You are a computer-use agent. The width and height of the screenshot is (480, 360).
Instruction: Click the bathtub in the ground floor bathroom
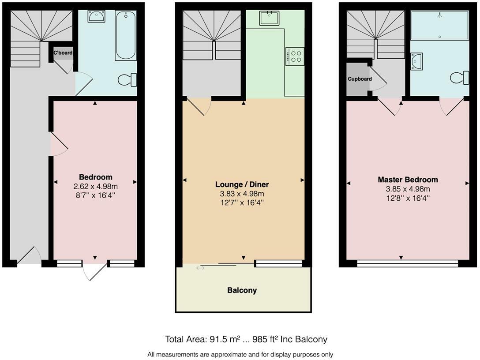pyautogui.click(x=126, y=35)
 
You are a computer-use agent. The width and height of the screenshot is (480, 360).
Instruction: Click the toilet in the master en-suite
pyautogui.click(x=460, y=78)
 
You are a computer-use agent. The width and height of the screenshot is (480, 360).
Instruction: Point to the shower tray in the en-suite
pyautogui.click(x=439, y=26)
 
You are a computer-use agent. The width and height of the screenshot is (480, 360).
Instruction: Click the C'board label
pyautogui.click(x=63, y=53)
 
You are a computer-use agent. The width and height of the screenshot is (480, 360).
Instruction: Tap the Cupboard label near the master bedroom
pyautogui.click(x=360, y=79)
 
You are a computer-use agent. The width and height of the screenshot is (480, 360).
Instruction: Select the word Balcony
pyautogui.click(x=242, y=290)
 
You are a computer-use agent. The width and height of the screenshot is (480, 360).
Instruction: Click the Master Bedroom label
pyautogui.click(x=408, y=180)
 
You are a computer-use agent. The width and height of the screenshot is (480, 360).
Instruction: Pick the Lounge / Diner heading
pyautogui.click(x=242, y=184)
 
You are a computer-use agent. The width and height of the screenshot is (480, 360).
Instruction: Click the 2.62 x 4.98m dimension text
pyautogui.click(x=96, y=186)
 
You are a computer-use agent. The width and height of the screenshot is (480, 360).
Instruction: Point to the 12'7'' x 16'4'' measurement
pyautogui.click(x=242, y=202)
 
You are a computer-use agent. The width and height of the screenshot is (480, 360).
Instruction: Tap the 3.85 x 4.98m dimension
pyautogui.click(x=408, y=189)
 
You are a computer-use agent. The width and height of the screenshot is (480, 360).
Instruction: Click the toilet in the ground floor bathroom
pyautogui.click(x=128, y=80)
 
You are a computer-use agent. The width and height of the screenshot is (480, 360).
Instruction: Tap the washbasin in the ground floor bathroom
pyautogui.click(x=96, y=16)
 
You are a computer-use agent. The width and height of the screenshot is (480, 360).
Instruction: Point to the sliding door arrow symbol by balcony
pyautogui.click(x=200, y=267)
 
